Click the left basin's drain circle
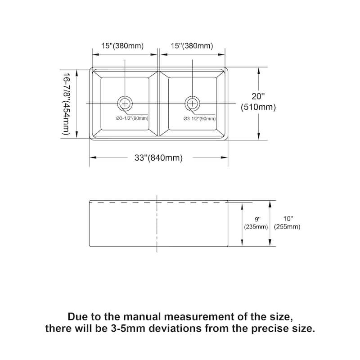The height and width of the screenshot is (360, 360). [x=125, y=104]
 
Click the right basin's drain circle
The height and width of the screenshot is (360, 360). [x=193, y=104]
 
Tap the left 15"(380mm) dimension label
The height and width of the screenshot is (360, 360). [x=122, y=46]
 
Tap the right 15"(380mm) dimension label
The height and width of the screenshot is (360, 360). [x=192, y=46]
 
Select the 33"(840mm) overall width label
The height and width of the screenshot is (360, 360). [x=159, y=158]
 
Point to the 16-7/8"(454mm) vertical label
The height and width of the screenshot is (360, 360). [x=66, y=104]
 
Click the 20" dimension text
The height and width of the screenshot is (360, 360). [x=258, y=96]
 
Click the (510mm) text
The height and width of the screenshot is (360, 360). [x=258, y=107]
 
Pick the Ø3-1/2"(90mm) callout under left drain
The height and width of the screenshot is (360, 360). [x=132, y=118]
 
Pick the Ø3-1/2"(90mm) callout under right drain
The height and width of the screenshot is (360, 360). [x=199, y=118]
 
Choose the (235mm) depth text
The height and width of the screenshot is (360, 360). [x=256, y=227]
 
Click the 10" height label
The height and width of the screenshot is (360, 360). [x=288, y=219]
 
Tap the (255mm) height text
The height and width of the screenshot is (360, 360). [x=287, y=227]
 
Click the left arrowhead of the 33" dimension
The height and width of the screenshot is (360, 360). [x=93, y=157]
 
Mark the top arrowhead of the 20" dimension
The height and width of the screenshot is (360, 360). [x=259, y=71]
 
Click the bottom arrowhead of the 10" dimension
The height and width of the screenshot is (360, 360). [x=270, y=243]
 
